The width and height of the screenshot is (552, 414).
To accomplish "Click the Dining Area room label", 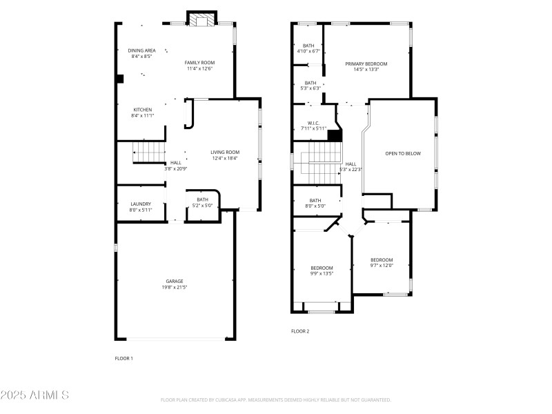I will (141, 50).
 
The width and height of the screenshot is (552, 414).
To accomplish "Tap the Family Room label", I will (199, 63).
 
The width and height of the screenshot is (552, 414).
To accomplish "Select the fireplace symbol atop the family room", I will (203, 20).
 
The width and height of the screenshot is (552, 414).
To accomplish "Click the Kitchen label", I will (143, 110).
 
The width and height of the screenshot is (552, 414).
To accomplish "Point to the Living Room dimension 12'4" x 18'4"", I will (225, 159).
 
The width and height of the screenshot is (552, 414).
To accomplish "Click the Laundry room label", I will (141, 204).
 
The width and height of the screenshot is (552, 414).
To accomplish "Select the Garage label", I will (174, 281).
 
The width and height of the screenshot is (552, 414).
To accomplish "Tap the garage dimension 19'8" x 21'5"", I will (174, 287).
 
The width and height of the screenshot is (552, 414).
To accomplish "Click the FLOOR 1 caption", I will (124, 358).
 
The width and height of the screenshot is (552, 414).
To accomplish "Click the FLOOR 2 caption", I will (300, 331).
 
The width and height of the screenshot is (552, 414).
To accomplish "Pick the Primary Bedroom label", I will (366, 63).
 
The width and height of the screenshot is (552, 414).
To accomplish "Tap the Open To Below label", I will (402, 153).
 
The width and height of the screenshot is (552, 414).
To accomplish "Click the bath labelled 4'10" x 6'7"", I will (308, 46).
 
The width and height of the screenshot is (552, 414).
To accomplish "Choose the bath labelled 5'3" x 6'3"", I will (310, 83).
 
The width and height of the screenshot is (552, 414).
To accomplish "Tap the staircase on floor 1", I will (148, 150).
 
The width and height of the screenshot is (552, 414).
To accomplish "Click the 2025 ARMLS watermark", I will (34, 395).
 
